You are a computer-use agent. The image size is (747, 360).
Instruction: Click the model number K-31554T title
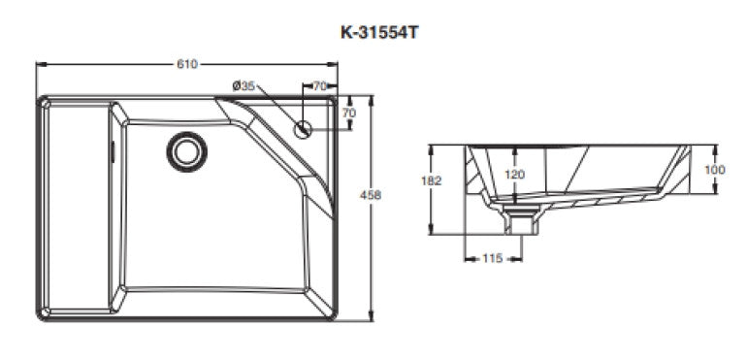pyautogui.click(x=379, y=33)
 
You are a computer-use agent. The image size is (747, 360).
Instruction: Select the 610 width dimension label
pyautogui.click(x=186, y=64)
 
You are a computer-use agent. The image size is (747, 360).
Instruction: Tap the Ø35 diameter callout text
pyautogui.click(x=244, y=85)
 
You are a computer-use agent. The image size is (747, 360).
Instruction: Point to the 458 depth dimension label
pyautogui.click(x=371, y=195)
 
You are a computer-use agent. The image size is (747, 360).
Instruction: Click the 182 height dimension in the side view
pyautogui.click(x=431, y=180)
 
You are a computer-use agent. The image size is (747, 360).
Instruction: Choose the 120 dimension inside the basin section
pyautogui.click(x=514, y=175)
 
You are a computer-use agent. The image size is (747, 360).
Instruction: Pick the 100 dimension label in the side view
pyautogui.click(x=715, y=169)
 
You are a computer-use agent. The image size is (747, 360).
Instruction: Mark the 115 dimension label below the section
pyautogui.click(x=492, y=258)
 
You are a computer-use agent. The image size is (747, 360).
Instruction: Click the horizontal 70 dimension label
pyautogui.click(x=320, y=86)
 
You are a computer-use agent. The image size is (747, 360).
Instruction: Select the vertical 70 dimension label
pyautogui.click(x=349, y=113)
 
